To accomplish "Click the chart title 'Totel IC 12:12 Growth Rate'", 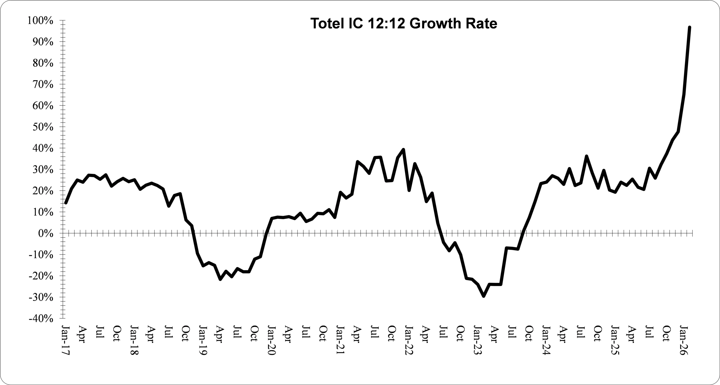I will coord(404,24).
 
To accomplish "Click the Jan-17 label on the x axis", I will coord(65,340).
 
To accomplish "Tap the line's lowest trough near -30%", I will coord(483,296).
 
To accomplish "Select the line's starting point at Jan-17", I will coord(66,203).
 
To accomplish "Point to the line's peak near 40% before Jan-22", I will coord(403,150).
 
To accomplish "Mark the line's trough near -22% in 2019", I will coord(220,279).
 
